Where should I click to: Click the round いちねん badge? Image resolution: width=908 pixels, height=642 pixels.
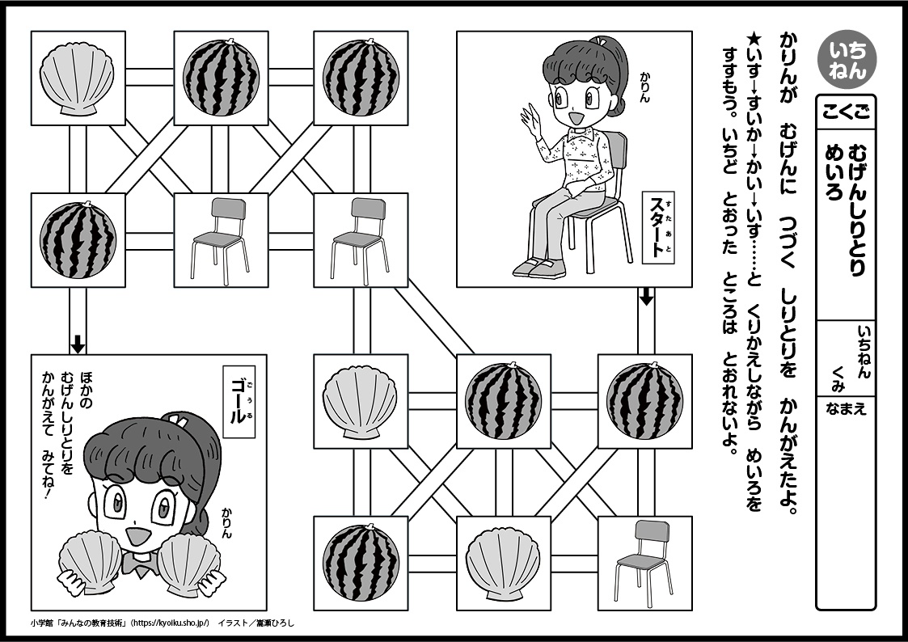(x=847, y=61)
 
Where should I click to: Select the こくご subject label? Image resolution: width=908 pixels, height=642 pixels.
(x=846, y=112)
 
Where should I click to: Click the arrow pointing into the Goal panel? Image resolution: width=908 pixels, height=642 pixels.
(x=78, y=344)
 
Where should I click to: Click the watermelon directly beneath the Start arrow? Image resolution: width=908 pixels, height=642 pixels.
(x=644, y=401)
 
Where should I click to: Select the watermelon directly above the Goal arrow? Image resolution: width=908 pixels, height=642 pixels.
(x=78, y=239)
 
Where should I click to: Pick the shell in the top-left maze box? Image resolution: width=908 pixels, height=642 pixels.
(x=78, y=78)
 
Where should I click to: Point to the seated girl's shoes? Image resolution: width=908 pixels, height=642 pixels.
(x=535, y=268)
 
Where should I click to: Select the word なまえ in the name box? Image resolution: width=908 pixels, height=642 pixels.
(x=846, y=408)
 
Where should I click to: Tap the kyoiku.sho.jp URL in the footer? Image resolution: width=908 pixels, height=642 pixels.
(x=173, y=623)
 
